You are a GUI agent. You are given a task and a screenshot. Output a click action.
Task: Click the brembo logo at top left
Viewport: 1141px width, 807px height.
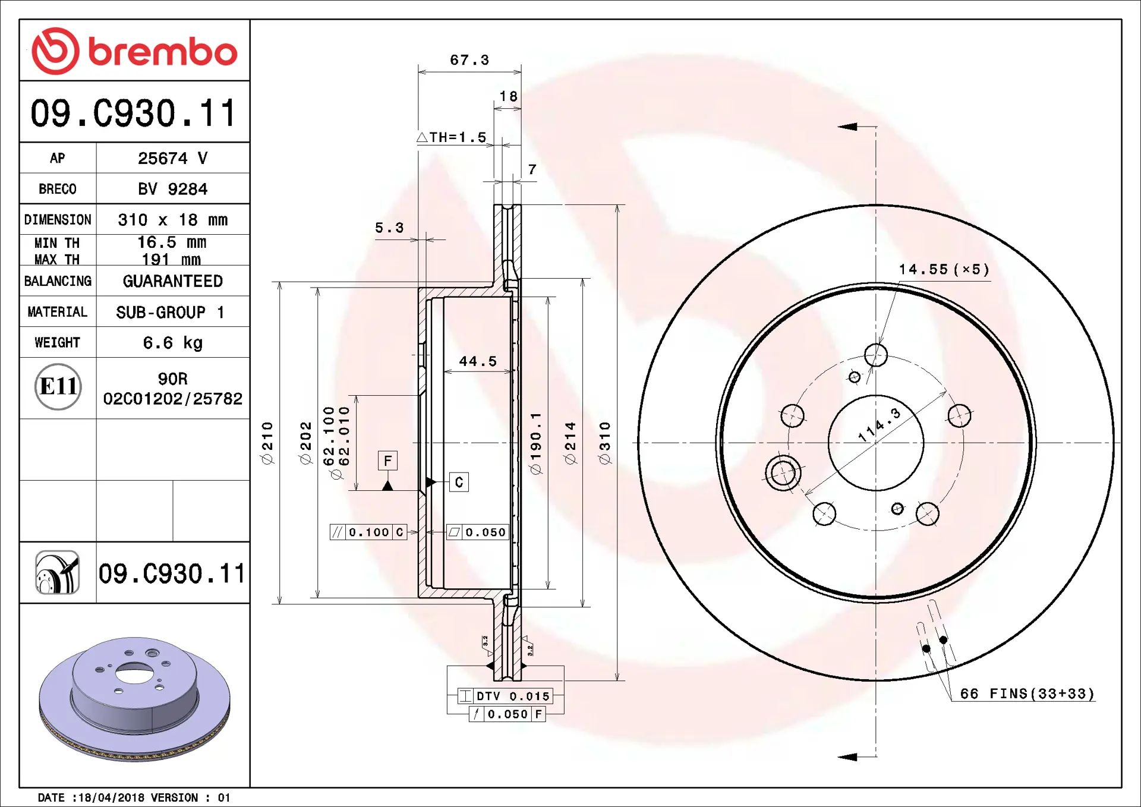click(x=134, y=51)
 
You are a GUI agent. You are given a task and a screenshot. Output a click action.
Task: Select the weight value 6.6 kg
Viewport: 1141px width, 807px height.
click(x=172, y=343)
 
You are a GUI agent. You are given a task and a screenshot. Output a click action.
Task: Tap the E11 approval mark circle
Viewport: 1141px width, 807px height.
click(x=58, y=387)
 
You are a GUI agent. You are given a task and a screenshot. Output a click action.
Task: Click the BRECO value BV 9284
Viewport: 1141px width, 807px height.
click(x=172, y=189)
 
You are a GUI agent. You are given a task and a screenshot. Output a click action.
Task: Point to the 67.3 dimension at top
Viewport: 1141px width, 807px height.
click(x=469, y=60)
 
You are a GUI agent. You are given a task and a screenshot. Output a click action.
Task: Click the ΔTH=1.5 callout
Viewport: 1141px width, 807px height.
click(x=452, y=137)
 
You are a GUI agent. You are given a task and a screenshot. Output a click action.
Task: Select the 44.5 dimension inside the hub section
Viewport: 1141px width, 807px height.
click(x=477, y=361)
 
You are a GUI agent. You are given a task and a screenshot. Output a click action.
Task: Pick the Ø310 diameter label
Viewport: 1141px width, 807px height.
click(x=604, y=443)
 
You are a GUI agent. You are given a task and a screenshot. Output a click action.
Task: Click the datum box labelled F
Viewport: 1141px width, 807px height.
click(x=387, y=461)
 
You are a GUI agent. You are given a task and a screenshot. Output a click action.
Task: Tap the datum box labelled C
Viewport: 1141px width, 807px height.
click(x=459, y=482)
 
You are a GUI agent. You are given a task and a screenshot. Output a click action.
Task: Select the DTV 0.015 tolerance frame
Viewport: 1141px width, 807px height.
click(x=506, y=696)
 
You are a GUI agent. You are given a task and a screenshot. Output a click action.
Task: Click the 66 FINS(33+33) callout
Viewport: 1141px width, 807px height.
click(x=1027, y=693)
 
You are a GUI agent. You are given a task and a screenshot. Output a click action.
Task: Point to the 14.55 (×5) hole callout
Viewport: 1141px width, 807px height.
click(x=944, y=269)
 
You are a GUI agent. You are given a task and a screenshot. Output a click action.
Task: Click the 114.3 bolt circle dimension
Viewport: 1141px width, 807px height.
click(x=880, y=425)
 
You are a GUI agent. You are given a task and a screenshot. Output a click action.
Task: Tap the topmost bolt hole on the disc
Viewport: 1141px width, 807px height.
click(x=876, y=355)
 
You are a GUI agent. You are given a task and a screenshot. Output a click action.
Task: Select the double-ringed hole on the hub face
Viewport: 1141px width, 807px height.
click(x=783, y=473)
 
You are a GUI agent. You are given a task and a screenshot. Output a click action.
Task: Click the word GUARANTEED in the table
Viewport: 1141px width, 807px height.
click(x=172, y=281)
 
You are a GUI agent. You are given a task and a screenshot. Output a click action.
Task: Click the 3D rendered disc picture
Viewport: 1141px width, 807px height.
click(x=134, y=699)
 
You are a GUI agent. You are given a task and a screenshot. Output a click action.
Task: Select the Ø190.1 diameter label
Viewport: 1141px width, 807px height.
click(x=536, y=443)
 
